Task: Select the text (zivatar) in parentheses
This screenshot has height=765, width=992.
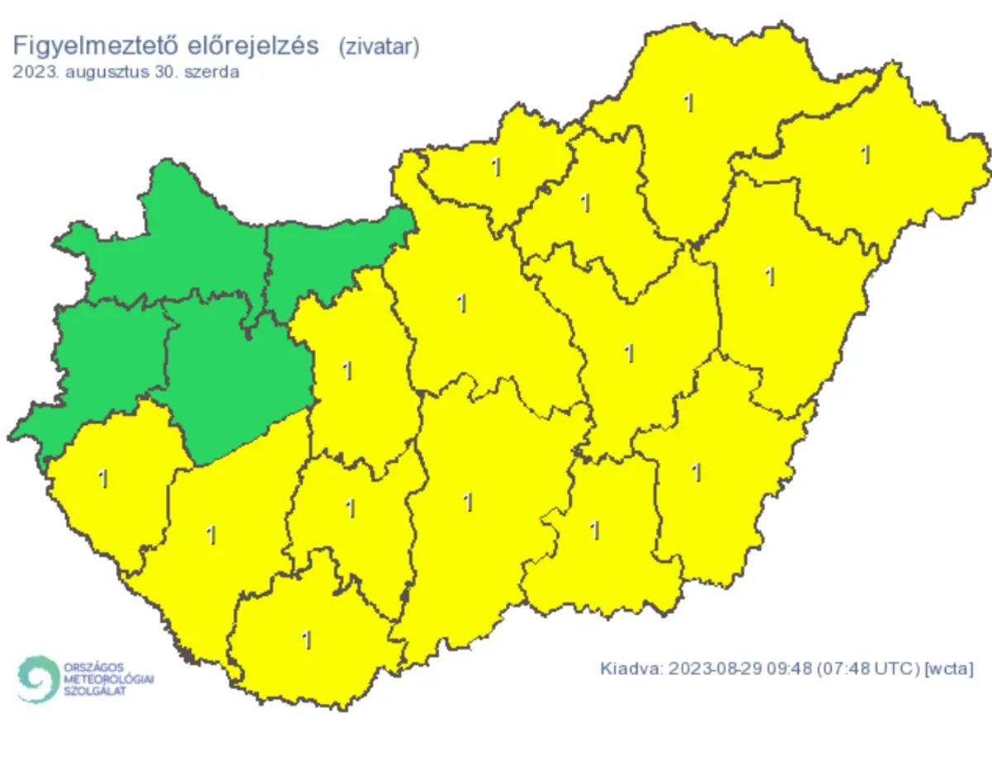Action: tap(379, 46)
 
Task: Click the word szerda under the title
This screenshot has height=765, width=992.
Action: tap(214, 72)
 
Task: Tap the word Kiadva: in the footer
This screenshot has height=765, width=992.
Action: tap(629, 667)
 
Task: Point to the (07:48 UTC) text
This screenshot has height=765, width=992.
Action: tap(868, 667)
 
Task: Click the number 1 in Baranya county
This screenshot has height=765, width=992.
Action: tap(307, 639)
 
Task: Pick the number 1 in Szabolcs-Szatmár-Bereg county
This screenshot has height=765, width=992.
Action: tap(866, 155)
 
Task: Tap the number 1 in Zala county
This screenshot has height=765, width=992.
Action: tap(103, 479)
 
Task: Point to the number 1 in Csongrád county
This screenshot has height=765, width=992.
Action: tap(594, 530)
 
